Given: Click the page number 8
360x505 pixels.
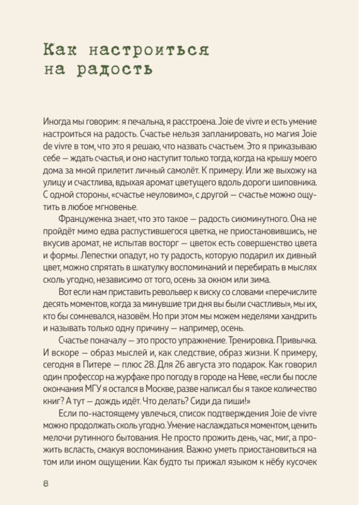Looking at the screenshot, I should (46, 483).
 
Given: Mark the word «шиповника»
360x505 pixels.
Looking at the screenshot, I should (295, 183).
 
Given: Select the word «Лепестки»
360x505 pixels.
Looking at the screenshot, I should (98, 256).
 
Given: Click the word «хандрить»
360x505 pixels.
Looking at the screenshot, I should (299, 316).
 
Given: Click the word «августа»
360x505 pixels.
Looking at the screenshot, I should (195, 365).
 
